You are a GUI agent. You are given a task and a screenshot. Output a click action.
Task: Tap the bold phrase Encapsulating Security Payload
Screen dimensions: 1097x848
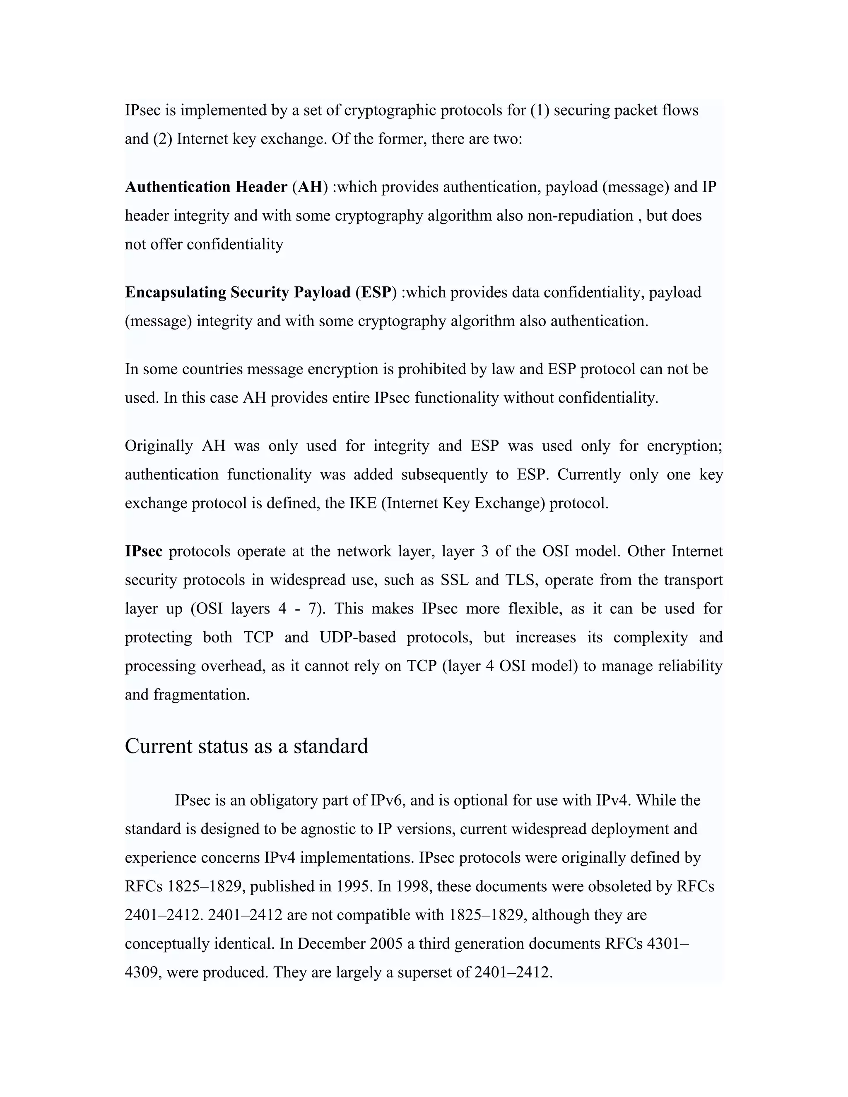[x=238, y=292]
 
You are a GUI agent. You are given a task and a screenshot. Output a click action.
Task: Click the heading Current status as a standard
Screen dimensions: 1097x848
[x=246, y=746]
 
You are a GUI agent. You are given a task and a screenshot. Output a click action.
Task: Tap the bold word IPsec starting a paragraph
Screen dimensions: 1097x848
[x=144, y=551]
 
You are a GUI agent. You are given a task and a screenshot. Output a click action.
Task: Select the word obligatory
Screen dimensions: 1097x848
[x=289, y=800]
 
